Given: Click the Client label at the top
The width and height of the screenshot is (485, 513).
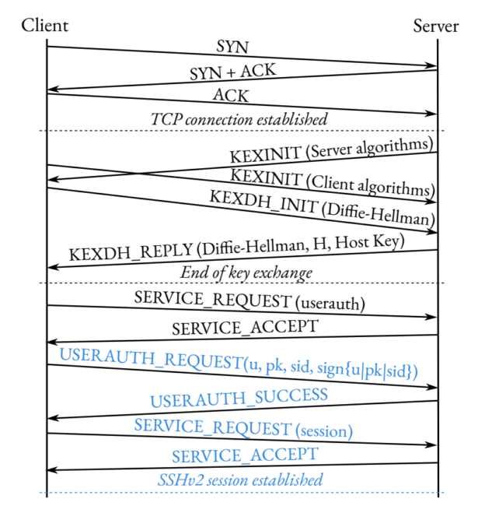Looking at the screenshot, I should point(45,25).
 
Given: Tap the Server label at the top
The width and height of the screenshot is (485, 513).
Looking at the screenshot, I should point(436,25).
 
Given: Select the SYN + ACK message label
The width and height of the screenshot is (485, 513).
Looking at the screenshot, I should point(232,72).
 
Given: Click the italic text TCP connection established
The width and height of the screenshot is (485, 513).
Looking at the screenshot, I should point(239,119).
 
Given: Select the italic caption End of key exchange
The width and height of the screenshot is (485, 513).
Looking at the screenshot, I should point(246,272).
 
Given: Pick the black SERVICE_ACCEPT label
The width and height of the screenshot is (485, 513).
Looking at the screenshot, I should point(245,328).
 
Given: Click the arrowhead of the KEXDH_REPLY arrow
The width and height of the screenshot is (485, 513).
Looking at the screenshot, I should point(52,268).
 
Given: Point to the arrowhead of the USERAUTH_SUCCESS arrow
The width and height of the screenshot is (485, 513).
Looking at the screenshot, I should point(52,418).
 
